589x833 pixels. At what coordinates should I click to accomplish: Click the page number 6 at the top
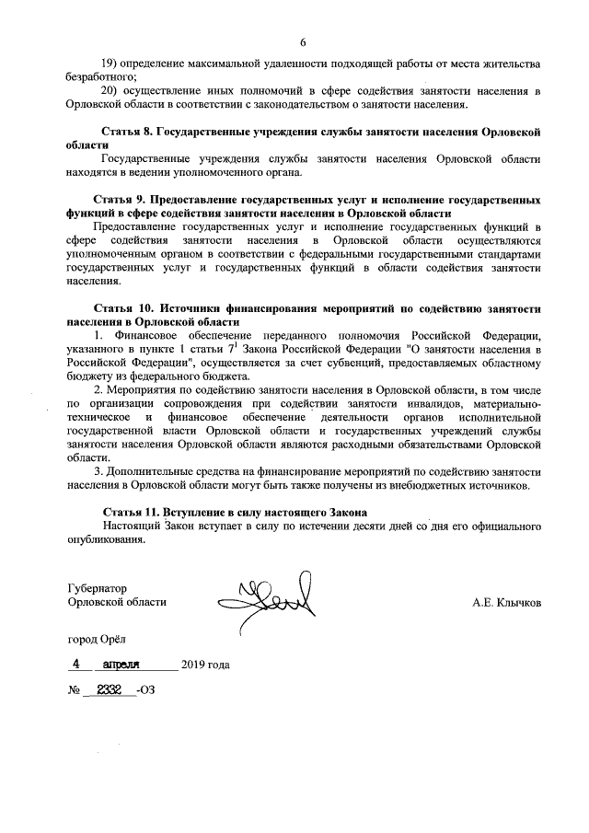(302, 40)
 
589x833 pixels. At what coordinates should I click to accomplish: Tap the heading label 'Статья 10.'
(124, 308)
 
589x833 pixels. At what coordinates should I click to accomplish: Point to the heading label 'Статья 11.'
(129, 511)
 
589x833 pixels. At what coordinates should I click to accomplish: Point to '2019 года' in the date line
(205, 665)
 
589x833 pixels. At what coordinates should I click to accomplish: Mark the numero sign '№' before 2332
(74, 689)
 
